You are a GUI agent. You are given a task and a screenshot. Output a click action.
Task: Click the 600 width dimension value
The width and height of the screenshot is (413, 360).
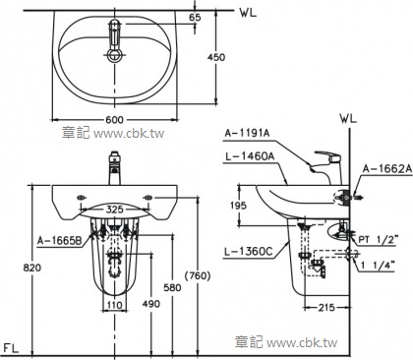pos(114,120)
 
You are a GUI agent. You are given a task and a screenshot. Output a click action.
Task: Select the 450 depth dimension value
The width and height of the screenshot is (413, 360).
pos(216,57)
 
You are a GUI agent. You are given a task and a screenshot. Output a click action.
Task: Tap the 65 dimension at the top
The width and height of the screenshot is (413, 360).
pos(196,17)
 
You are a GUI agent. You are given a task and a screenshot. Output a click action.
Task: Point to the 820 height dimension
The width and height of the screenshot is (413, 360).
pos(32,268)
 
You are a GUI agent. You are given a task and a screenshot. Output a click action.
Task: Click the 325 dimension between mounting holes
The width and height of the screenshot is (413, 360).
pos(114,210)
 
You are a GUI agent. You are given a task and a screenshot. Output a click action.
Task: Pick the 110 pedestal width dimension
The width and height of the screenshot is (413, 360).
pos(114,305)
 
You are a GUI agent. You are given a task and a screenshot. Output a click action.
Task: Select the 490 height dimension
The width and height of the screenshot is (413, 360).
pos(151,304)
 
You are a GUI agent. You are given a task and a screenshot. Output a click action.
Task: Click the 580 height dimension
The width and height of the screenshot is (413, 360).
pos(172,287)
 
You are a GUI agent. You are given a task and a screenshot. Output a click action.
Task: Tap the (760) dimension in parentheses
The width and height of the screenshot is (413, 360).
pos(198,275)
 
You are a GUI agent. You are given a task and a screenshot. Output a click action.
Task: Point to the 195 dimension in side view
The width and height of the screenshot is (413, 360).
pos(238,206)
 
